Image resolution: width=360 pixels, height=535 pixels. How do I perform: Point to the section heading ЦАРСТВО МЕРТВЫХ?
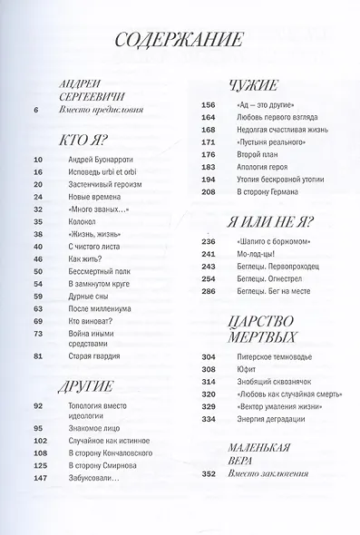coord(238,335)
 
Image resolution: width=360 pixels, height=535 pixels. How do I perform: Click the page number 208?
coord(207,192)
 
